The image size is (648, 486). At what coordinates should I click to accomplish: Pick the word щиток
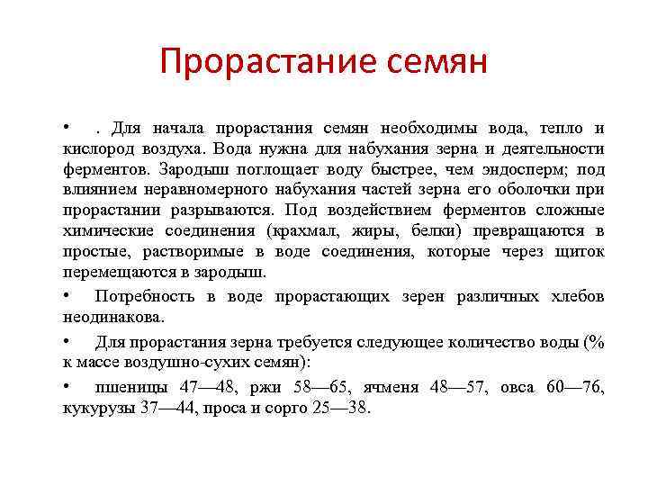(578, 251)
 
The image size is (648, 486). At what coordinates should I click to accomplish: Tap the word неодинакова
(114, 317)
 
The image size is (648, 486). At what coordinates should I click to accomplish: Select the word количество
(481, 342)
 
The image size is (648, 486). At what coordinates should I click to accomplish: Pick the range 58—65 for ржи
(324, 387)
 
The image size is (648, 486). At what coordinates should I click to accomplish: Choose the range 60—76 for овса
(575, 387)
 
